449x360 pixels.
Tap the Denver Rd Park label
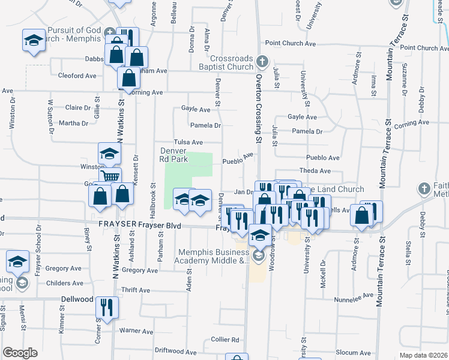click(174, 155)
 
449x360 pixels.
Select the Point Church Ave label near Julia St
click(291, 43)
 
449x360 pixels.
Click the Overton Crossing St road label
click(259, 108)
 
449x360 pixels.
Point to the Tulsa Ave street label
click(188, 142)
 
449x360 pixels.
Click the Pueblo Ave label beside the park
click(238, 159)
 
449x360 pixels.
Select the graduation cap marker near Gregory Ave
click(18, 262)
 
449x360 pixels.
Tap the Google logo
click(20, 353)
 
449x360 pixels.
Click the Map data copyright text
click(423, 355)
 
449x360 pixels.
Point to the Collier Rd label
click(225, 339)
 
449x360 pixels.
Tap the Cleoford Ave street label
click(77, 76)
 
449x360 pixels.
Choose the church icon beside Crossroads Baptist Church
click(262, 62)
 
